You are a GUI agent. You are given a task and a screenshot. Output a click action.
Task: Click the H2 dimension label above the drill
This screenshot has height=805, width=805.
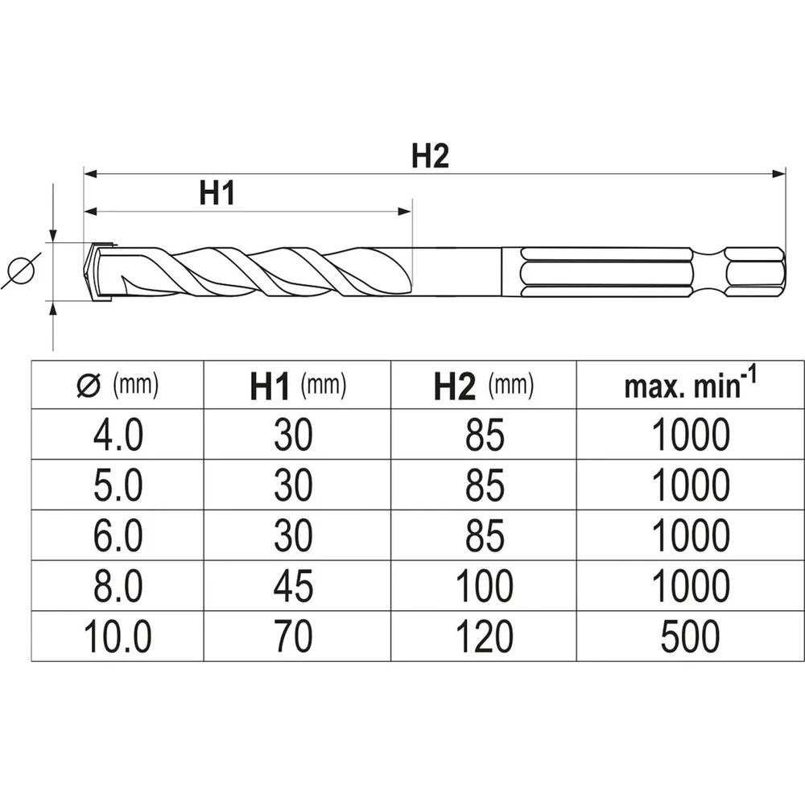point(430,157)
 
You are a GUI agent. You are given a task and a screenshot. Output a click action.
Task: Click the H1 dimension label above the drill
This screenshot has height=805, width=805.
point(217,194)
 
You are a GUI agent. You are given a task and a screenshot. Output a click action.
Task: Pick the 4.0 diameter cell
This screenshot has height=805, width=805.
point(118,436)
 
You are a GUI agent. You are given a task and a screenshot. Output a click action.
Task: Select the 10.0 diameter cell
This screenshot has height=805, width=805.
point(118,638)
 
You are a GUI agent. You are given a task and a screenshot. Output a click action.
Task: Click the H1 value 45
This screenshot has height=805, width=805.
point(293,588)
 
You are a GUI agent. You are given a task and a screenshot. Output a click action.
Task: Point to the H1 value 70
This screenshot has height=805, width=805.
point(293,638)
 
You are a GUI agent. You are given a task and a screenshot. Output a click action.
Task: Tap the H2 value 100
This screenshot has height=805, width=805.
point(484,588)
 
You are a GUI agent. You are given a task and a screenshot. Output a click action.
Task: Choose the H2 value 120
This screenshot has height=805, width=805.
point(484,638)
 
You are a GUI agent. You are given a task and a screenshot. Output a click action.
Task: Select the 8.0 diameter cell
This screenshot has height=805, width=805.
point(118,588)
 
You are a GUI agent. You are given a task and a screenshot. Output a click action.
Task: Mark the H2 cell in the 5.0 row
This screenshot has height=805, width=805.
point(484,486)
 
